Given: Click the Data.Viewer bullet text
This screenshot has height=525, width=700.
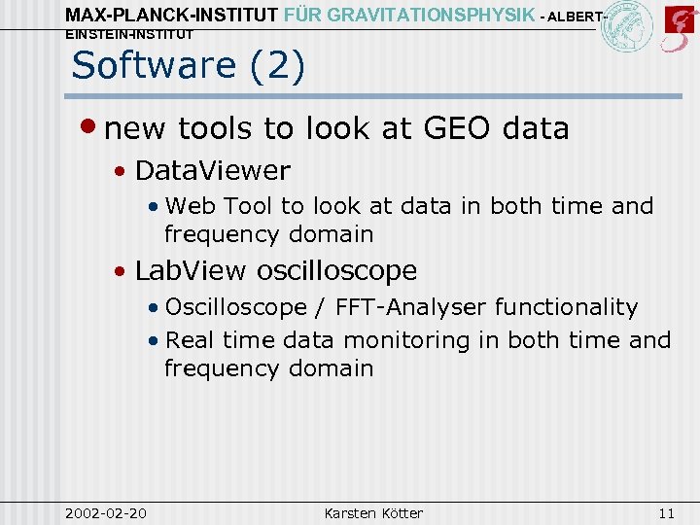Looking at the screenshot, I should click(x=212, y=171).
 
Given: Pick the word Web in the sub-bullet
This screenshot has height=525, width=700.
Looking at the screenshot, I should click(x=191, y=206).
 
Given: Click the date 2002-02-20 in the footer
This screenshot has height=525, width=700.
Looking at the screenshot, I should click(x=106, y=512).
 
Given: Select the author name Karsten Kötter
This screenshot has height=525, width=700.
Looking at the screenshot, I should click(x=372, y=512).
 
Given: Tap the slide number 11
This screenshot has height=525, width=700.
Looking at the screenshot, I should click(x=666, y=512).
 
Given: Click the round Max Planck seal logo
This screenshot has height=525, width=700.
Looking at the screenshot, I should click(x=626, y=27).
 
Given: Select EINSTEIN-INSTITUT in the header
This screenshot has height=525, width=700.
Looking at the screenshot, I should click(x=129, y=35).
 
